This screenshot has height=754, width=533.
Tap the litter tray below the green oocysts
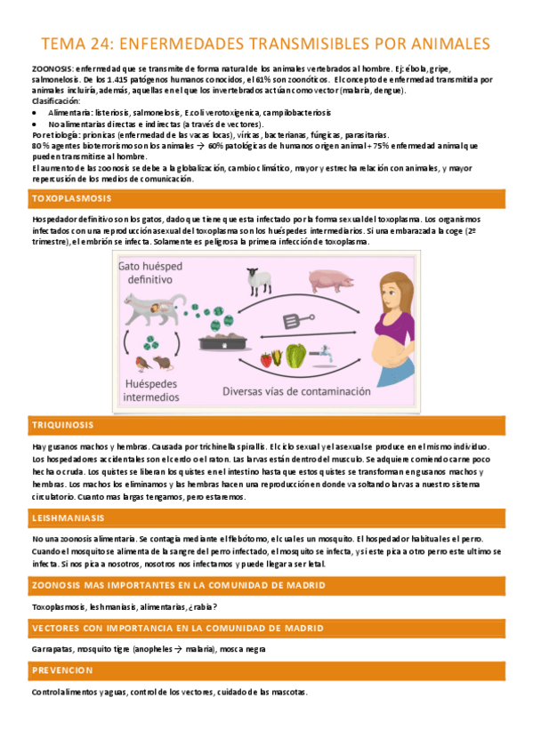coord(223,341)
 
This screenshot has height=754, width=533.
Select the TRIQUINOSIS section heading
coord(62,425)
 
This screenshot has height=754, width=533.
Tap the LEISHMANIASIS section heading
coord(68,517)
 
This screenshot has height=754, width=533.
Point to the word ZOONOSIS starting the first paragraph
coord(52,68)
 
